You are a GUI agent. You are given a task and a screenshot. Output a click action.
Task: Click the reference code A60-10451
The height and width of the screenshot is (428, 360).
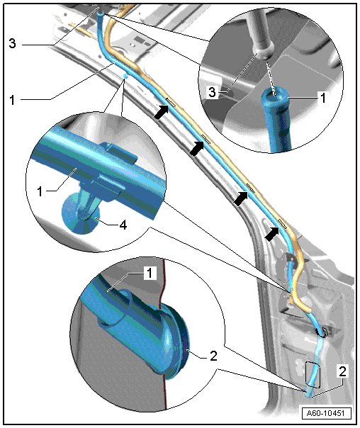(x=326, y=412)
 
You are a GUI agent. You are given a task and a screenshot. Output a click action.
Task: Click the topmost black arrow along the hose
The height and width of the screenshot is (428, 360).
(x=162, y=112)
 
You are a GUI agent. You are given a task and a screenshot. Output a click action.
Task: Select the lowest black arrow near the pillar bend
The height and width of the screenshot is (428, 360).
(x=272, y=234)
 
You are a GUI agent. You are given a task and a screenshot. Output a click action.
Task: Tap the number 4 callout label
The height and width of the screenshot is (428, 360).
(x=123, y=225)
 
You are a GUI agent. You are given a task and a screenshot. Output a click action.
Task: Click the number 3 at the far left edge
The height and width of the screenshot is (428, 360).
(x=12, y=43)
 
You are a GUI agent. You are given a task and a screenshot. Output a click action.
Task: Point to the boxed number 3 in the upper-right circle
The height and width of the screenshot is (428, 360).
(x=213, y=92)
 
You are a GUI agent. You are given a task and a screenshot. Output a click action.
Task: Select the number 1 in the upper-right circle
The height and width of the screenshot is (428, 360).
(x=323, y=98)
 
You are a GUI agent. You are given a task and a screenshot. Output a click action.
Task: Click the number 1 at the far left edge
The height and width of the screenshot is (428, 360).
(x=12, y=100)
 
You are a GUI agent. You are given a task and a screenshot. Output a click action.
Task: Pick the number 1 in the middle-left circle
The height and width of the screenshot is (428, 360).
(x=40, y=191)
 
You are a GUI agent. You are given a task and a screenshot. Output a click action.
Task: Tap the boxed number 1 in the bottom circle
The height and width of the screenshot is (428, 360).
(x=150, y=273)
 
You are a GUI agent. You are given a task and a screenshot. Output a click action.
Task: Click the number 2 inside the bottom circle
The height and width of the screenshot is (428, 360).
(x=213, y=356)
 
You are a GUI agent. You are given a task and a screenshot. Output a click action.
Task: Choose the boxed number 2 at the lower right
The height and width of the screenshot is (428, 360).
(x=342, y=371)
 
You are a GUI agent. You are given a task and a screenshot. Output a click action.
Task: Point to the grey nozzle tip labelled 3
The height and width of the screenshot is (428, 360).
(x=264, y=52)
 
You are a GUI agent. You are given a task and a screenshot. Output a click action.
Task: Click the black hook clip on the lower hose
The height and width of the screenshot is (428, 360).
(x=322, y=332)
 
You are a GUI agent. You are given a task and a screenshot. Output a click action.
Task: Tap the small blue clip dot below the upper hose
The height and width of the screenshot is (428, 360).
(x=125, y=76)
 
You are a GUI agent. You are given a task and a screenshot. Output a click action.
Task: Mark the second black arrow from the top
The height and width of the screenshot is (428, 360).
(x=197, y=149)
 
